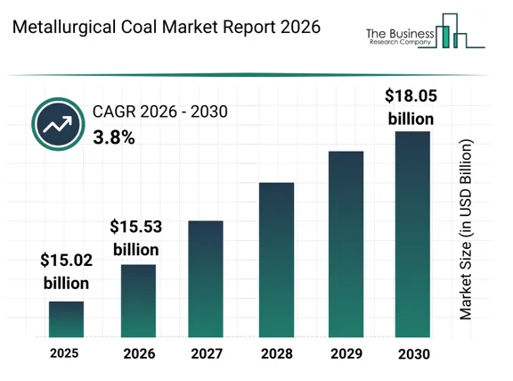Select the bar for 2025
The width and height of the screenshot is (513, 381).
point(66,319)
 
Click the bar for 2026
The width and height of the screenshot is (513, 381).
point(138,301)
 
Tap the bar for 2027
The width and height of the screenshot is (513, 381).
point(206,279)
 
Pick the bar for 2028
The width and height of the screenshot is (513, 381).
point(276,260)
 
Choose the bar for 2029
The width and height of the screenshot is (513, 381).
point(346,244)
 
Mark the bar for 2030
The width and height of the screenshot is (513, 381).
point(412,234)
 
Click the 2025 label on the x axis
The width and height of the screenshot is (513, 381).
point(64,353)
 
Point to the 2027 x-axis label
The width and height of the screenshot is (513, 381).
point(207,353)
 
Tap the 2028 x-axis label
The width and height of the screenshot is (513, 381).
point(277,353)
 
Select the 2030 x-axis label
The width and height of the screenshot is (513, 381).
point(414,354)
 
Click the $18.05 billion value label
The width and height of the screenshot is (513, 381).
point(411,107)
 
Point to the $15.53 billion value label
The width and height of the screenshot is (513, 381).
point(136,238)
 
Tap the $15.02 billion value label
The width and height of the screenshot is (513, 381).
point(67,271)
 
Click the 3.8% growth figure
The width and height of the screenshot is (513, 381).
point(114,137)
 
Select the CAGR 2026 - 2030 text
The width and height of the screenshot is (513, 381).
point(160,112)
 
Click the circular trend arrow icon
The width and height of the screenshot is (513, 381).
point(58,124)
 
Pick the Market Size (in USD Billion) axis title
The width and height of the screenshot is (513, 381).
point(466,229)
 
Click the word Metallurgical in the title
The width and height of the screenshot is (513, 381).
point(64,27)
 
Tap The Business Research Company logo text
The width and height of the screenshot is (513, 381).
point(400,37)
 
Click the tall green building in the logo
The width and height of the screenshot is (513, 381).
point(445,37)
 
